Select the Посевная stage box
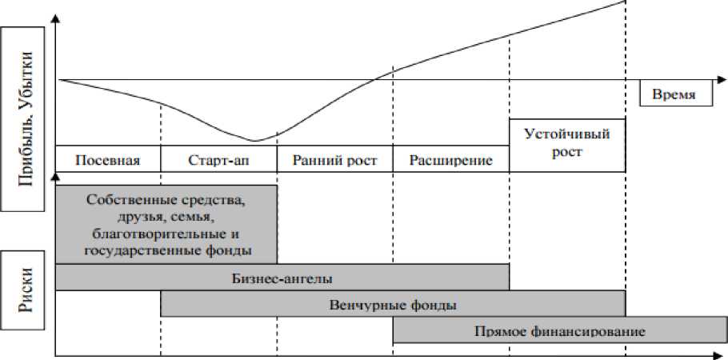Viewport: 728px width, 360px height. pos(108,158)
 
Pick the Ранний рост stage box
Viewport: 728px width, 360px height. pos(334,158)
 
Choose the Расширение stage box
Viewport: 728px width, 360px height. pos(450,158)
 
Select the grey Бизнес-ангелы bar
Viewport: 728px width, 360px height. pos(282,278)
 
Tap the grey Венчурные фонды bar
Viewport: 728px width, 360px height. pos(393,304)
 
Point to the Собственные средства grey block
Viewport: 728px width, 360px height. pos(166,223)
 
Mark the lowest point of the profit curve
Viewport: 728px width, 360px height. pos(254,141)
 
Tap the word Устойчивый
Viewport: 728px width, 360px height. pos(567,134)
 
